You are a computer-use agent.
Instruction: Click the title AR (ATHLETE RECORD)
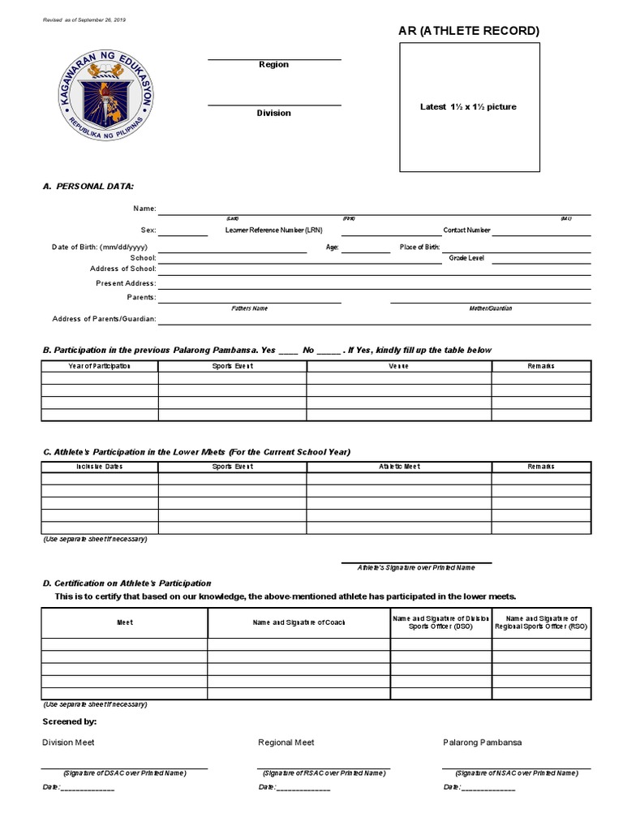469,31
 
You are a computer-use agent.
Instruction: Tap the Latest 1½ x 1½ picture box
469,107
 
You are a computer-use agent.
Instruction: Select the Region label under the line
273,65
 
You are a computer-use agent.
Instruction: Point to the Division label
273,113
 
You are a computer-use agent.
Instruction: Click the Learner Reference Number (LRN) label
273,230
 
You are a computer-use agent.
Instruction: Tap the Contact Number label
466,230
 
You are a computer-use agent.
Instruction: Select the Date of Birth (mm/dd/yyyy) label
100,247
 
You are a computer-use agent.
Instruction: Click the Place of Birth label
419,247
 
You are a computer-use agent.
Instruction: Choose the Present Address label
126,283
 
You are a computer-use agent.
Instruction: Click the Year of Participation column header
99,366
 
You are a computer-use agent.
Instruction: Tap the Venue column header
398,366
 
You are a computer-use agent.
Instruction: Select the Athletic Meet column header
398,467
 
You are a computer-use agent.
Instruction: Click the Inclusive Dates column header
99,467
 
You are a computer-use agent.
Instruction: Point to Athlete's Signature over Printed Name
415,568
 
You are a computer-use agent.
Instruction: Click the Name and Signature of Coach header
299,622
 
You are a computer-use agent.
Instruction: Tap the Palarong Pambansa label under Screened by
482,743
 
